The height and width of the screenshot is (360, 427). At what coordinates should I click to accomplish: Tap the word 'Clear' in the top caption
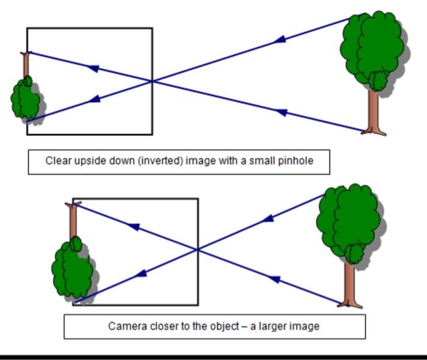[59, 161]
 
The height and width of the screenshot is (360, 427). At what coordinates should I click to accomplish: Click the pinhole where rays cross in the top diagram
[152, 81]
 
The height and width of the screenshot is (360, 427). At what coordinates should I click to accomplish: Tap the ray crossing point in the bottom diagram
[197, 249]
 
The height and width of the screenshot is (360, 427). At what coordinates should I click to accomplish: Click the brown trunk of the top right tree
[373, 113]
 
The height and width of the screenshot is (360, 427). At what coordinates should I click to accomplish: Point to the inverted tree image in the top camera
[26, 95]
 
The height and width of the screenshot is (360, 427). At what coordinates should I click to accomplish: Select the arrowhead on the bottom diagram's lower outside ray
[274, 279]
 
